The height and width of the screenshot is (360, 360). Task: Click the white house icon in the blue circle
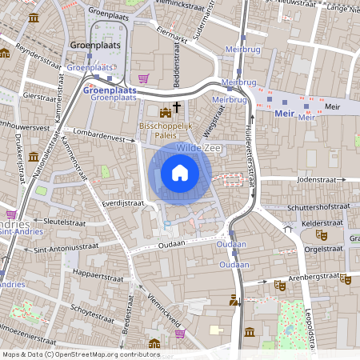[180, 172]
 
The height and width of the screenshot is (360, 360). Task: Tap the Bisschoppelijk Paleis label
[166, 130]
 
